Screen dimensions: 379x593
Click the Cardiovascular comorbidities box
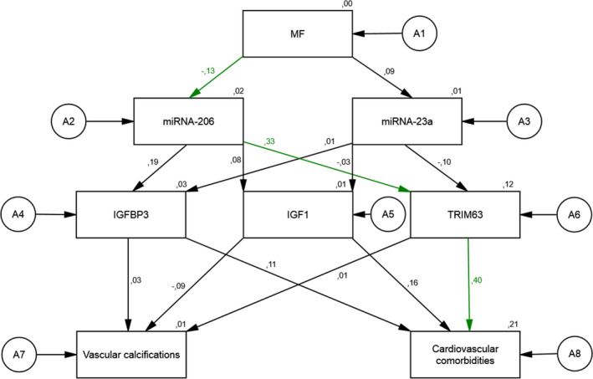coord(464,353)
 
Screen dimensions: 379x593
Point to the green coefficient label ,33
coord(269,142)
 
